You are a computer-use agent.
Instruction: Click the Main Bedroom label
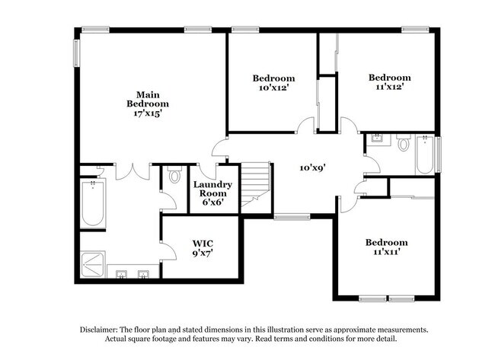147,98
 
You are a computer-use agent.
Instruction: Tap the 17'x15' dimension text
147,112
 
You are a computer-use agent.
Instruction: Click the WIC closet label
202,245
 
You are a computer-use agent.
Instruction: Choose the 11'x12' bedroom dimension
389,87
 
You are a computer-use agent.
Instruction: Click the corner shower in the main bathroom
95,263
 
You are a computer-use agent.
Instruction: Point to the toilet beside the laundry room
174,177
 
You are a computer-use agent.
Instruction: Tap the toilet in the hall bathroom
404,142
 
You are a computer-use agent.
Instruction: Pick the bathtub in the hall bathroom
424,155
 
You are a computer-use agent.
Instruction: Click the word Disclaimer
104,330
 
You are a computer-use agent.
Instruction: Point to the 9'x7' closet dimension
202,255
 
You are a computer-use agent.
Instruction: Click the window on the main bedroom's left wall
77,55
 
